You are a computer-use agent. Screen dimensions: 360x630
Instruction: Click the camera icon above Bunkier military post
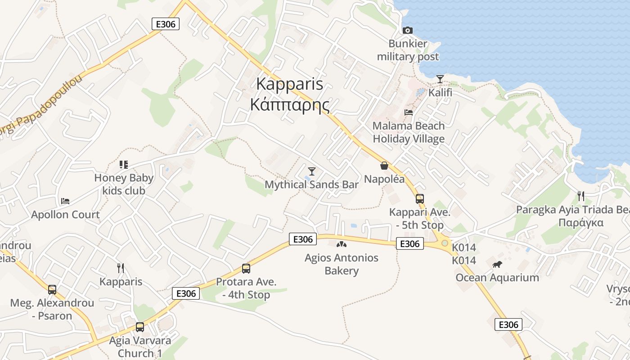coord(407,30)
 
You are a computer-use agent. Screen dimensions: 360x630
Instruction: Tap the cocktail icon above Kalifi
coord(440,79)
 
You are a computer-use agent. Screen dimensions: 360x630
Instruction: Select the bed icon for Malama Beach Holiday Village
coord(409,112)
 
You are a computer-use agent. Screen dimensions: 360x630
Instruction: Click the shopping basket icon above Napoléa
coord(384,166)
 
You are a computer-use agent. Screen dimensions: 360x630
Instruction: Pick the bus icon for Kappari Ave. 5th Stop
coord(419,198)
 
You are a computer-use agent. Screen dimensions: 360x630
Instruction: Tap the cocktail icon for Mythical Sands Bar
coord(311,171)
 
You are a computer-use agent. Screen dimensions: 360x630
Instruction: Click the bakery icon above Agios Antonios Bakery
coord(342,244)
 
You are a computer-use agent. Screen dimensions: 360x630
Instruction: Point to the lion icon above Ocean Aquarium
coord(497,264)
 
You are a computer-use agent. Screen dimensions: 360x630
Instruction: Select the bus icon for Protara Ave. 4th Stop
coord(246,269)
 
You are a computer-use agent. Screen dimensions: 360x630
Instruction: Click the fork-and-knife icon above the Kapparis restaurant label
coord(120,268)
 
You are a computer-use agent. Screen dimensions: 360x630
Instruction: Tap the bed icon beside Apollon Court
coord(65,201)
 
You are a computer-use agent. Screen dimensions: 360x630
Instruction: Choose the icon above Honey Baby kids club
coord(123,165)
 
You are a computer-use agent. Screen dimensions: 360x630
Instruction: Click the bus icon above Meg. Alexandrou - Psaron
coord(52,290)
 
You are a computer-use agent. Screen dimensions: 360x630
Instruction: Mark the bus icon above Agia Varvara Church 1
coord(140,327)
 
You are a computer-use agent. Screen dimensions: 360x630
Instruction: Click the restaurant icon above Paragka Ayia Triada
coord(580,196)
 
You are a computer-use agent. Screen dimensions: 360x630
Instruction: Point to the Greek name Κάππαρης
coord(289,105)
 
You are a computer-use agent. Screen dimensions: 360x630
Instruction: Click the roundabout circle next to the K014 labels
coord(445,243)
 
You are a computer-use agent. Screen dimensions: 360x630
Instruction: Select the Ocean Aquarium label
coord(497,278)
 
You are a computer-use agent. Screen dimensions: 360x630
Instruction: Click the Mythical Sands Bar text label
coord(311,184)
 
